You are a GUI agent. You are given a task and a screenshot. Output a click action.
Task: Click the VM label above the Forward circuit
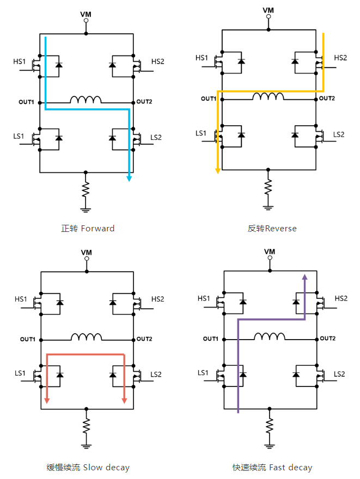pos(86,13)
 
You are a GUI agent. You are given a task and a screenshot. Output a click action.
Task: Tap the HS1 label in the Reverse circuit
pos(202,58)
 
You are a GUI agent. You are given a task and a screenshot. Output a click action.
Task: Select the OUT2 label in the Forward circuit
pos(144,102)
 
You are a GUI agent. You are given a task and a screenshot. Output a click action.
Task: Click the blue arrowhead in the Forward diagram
pos(129,177)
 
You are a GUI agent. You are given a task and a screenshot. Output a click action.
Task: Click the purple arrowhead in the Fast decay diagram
pos(304,278)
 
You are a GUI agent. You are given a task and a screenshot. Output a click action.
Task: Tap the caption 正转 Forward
pos(88,229)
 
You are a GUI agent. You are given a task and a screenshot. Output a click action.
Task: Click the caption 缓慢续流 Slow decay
pos(88,468)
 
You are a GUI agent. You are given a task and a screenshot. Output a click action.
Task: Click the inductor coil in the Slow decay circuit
pos(86,337)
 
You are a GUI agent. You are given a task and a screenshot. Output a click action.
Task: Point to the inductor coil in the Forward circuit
pos(86,100)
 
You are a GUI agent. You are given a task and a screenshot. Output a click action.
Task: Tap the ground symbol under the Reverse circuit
pos(268,207)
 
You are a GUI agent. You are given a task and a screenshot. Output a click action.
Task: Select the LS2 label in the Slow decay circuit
pos(156,375)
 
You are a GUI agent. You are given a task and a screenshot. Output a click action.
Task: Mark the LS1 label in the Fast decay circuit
pos(203,373)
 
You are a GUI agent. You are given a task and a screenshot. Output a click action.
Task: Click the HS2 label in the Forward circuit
pos(157,61)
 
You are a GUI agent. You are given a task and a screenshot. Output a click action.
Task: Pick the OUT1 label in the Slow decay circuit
pos(28,340)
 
